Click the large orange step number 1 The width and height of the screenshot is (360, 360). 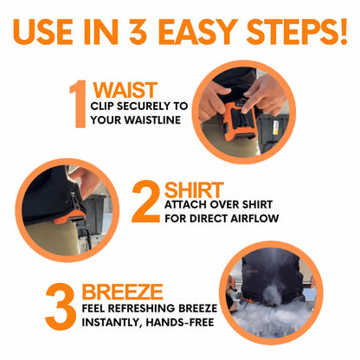79,104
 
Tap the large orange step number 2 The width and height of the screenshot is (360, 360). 145,202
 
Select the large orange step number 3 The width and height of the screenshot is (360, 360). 61,306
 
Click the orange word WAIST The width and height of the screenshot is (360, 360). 125,90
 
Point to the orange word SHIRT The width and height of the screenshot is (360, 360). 194,190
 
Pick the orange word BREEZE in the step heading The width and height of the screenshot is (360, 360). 123,292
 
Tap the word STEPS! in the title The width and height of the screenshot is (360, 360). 297,32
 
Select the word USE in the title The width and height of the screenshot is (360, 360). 43,32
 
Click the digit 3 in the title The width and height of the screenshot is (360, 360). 138,32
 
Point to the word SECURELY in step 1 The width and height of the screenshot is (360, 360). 143,106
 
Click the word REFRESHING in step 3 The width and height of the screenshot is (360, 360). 142,308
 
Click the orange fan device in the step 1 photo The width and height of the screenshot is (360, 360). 239,122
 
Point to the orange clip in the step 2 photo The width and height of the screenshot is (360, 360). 69,217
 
